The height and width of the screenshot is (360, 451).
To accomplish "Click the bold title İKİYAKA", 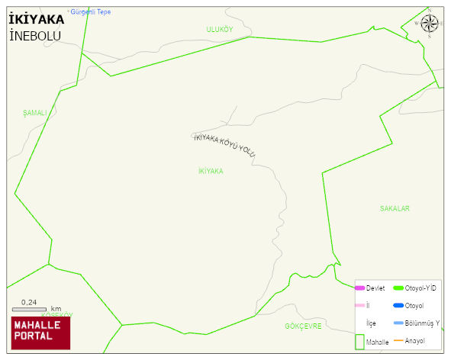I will click(36, 19).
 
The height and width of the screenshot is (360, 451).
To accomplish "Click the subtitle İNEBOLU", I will click(34, 36).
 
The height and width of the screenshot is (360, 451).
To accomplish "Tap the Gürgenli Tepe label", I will click(90, 12).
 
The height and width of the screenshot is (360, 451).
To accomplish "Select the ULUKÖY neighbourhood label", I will click(219, 29).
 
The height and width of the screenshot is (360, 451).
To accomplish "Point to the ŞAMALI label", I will click(35, 113).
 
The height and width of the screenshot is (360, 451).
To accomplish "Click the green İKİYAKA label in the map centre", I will click(211, 172).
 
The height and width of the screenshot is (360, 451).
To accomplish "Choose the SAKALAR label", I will click(395, 208).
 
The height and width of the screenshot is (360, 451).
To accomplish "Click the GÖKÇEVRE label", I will click(303, 326).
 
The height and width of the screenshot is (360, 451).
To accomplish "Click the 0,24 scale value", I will click(29, 302).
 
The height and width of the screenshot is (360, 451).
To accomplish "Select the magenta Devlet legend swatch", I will click(360, 288).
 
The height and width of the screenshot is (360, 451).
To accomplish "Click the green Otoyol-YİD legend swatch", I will click(398, 288).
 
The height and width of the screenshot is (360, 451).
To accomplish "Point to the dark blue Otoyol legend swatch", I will click(398, 306).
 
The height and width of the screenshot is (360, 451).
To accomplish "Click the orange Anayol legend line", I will click(398, 341).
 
